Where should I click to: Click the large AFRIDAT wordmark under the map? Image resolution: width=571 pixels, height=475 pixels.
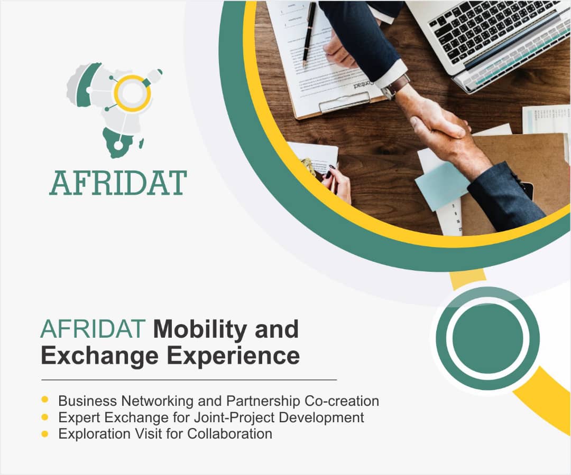point(118,183)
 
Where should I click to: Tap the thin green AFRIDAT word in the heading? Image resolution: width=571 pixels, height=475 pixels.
point(93,329)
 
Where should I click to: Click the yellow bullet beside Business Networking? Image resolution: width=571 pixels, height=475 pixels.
point(45,400)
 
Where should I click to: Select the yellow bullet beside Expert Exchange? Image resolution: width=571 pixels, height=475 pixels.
point(45,416)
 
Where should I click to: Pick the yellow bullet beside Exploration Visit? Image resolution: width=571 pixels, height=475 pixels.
point(45,433)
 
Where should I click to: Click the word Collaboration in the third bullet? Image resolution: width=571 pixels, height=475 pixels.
point(230,433)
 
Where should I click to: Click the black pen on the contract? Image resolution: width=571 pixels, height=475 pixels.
point(309,34)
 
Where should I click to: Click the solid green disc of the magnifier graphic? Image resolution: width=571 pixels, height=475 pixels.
point(487,338)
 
